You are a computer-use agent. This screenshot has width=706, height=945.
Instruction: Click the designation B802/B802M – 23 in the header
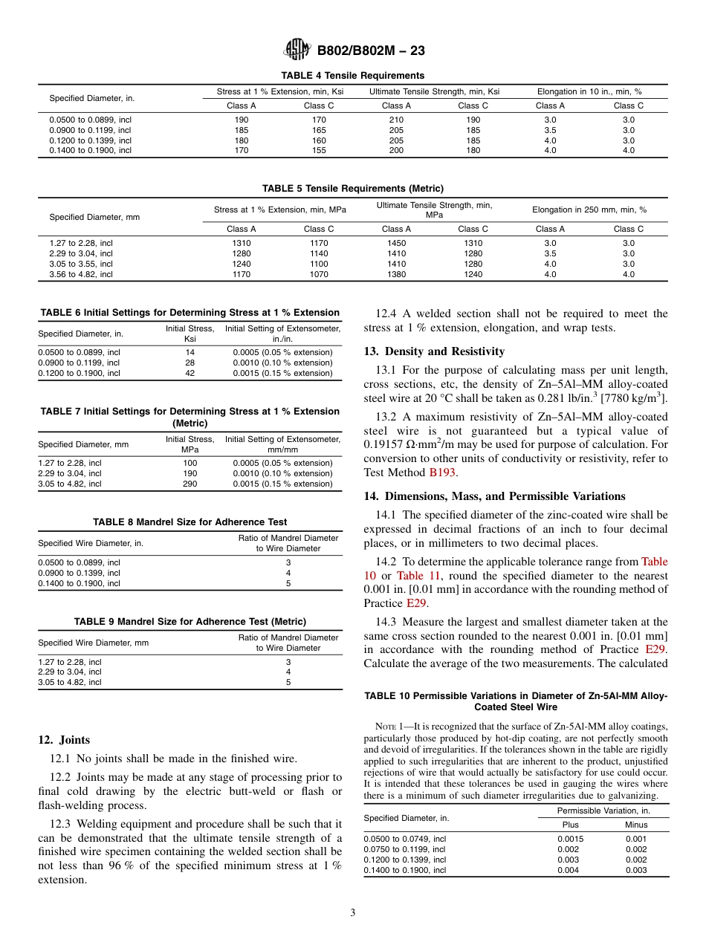click(371, 51)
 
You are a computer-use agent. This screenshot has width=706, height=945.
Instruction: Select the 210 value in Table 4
click(396, 120)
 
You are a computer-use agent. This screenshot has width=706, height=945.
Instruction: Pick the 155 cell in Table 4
click(319, 150)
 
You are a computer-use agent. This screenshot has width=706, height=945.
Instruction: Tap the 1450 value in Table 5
click(396, 243)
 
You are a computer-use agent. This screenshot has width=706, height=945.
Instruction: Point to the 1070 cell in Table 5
click(319, 274)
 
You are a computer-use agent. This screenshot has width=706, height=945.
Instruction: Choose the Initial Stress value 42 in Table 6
click(190, 373)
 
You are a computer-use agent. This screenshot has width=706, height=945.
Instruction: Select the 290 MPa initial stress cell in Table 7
click(190, 484)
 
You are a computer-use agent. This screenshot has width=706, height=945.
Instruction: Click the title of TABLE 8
click(190, 522)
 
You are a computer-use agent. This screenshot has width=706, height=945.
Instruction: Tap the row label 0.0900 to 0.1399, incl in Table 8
click(79, 573)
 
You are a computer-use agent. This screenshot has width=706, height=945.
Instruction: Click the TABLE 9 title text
click(190, 621)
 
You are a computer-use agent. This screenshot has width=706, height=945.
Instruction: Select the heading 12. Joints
click(64, 740)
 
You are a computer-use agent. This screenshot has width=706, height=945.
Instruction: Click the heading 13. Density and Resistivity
click(434, 351)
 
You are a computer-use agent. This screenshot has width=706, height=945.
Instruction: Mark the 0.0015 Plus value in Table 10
click(570, 839)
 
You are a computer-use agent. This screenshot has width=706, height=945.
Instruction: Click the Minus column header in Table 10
click(636, 825)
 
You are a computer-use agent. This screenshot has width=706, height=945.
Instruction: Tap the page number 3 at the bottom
click(353, 913)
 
